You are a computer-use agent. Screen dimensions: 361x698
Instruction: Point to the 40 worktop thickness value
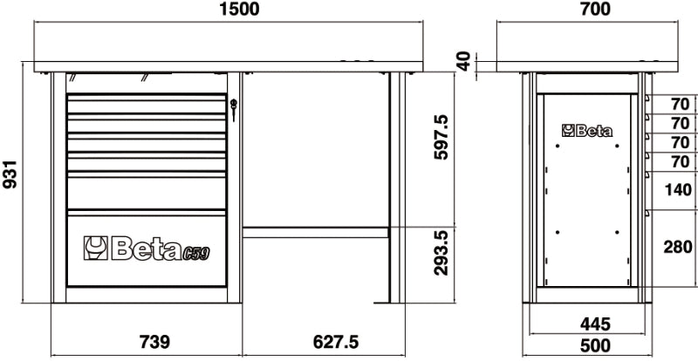pyautogui.click(x=464, y=61)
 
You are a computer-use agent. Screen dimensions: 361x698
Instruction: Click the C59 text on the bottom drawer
pyautogui.click(x=197, y=252)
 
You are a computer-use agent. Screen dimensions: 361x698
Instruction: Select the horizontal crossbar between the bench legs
pyautogui.click(x=315, y=232)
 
